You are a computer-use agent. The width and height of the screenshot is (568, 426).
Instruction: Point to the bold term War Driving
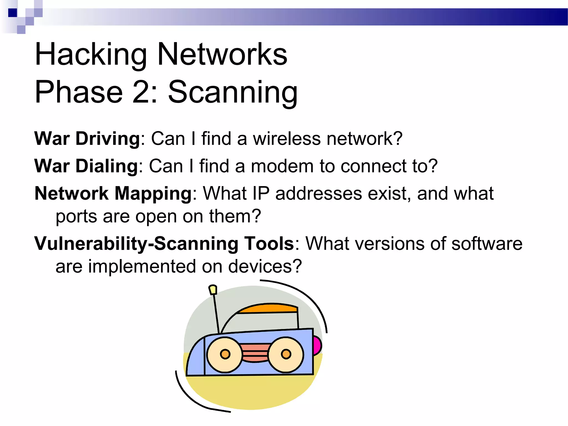coord(87,138)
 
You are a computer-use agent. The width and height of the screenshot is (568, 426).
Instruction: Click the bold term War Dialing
coord(86,166)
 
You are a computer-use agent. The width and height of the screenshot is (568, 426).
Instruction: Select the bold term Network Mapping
coord(113,193)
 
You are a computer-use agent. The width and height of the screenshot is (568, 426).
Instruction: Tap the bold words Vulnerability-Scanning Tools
coord(164,244)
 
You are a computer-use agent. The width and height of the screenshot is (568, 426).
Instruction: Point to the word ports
coord(76,217)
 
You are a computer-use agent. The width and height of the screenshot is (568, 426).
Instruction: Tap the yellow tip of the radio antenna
coord(213,290)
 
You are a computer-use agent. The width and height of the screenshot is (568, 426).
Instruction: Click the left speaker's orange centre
coord(225,354)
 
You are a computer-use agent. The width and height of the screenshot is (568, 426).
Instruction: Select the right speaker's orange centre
coord(286,354)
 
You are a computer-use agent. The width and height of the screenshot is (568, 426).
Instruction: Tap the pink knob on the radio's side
coord(317,346)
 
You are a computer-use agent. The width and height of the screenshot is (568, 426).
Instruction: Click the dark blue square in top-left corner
coord(12,13)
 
